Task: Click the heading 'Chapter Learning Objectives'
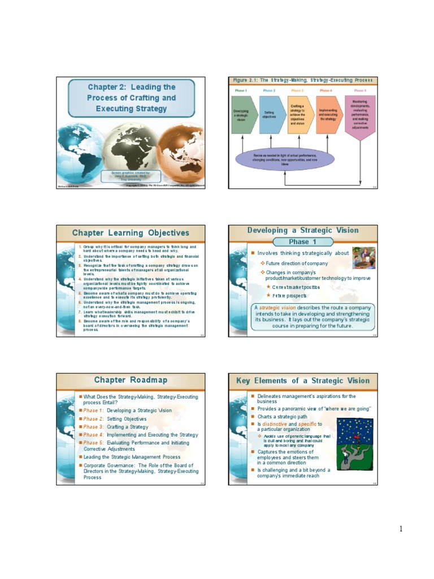click(130, 233)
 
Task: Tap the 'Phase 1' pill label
click(299, 241)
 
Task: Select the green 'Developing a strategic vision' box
click(241, 115)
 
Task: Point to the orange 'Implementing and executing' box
click(328, 115)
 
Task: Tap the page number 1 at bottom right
click(401, 529)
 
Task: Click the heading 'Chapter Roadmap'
click(126, 380)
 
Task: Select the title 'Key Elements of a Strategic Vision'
click(302, 381)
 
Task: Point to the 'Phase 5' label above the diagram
click(360, 90)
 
